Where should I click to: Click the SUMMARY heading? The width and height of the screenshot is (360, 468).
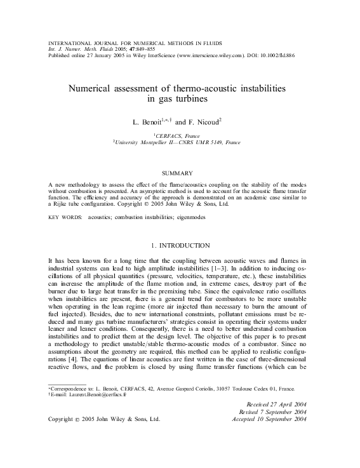pyautogui.click(x=180, y=172)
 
